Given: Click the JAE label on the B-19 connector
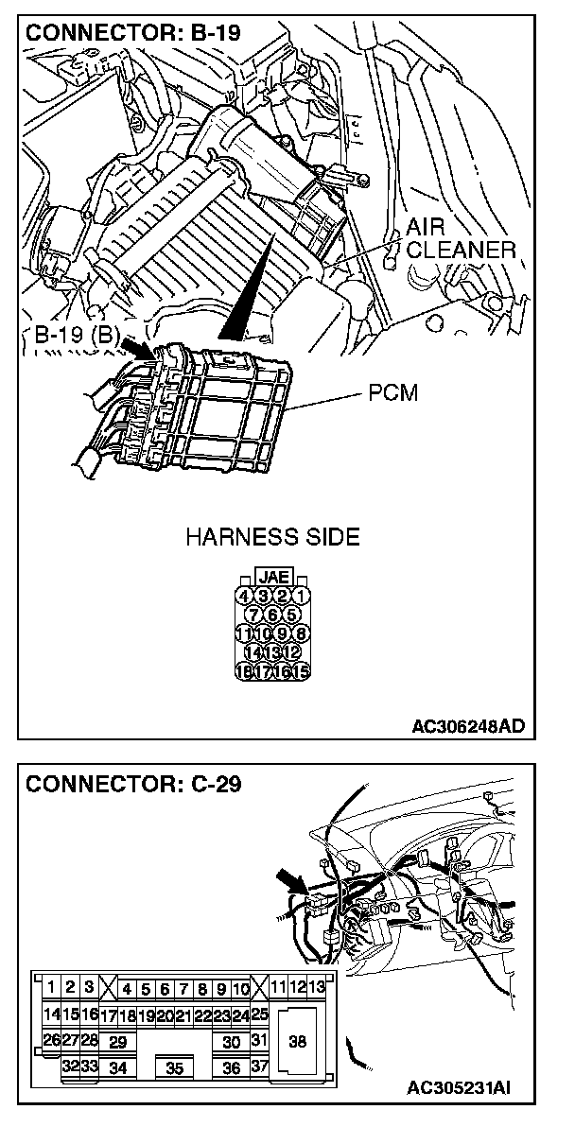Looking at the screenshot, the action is coord(274,576).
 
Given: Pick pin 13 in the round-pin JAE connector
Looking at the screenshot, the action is coord(272,652).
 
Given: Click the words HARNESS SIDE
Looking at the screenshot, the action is coord(272,538).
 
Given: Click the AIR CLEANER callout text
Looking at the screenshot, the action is coord(461,239).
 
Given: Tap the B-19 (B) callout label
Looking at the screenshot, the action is coord(75,336).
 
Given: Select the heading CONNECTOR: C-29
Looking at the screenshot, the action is coord(133,784).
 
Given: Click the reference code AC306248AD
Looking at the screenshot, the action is coord(468,726).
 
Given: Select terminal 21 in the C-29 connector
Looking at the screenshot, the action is coord(183,1016).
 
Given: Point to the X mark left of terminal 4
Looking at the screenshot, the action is coord(107,989).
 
